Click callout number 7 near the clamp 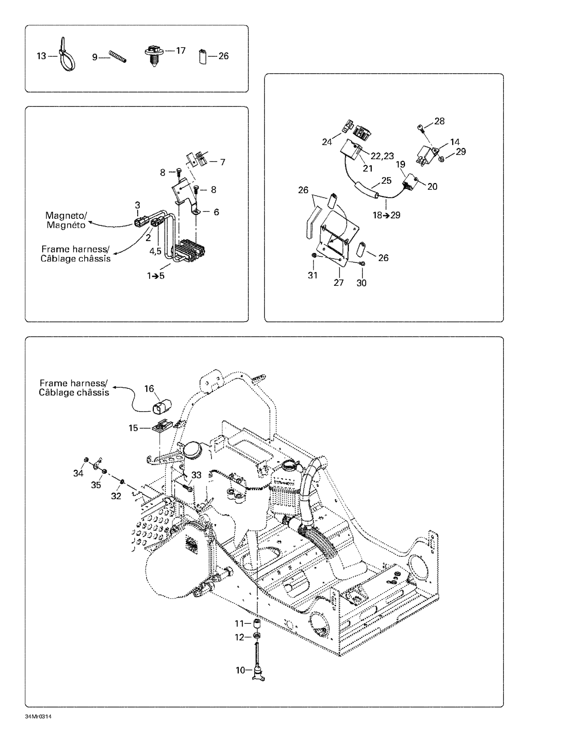coord(223,162)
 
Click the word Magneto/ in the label coord(66,215)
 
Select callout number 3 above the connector coord(137,205)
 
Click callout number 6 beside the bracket coord(216,212)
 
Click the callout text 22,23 coord(382,156)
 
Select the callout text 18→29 coord(386,215)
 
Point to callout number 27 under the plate coord(338,283)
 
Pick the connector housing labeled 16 coord(163,407)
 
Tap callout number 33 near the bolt coord(196,475)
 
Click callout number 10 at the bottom coord(240,670)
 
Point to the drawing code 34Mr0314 coord(38,717)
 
